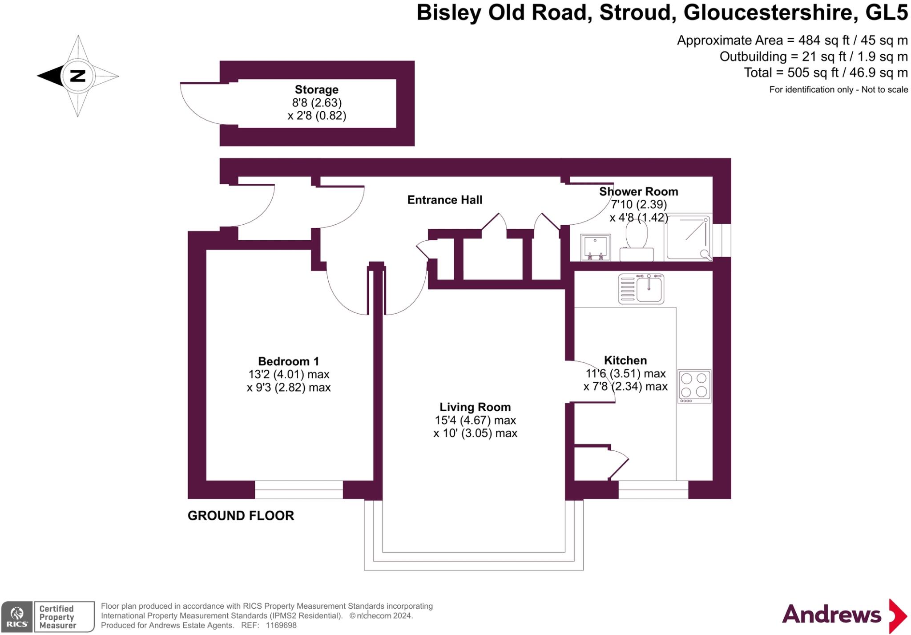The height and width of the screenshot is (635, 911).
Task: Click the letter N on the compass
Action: (x=78, y=76)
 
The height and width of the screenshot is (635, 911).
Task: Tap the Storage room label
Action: (x=316, y=90)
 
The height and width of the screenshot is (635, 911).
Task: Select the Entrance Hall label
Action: (x=444, y=200)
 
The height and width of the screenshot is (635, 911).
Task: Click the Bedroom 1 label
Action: (x=288, y=361)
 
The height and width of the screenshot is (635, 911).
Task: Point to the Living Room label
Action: (x=475, y=407)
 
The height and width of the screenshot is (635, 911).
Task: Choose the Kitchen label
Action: (x=625, y=360)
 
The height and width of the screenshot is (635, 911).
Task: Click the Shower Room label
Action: (x=638, y=192)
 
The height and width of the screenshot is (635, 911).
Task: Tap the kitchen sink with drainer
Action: (x=641, y=289)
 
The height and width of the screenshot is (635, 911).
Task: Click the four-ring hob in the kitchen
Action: (x=694, y=386)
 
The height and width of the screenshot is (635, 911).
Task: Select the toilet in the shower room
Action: (x=637, y=241)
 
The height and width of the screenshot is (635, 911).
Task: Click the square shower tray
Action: (x=688, y=237)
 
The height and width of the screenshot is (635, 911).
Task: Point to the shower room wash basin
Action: (x=595, y=247)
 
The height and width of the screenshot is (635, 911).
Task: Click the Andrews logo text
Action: (x=831, y=615)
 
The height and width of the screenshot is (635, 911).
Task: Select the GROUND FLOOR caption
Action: (x=241, y=516)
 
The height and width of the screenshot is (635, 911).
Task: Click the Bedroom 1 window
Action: (x=298, y=489)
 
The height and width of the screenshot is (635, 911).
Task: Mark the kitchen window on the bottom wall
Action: (x=653, y=489)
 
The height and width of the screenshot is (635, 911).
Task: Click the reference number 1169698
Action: (x=281, y=625)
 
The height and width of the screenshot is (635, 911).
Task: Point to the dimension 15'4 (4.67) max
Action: (x=475, y=420)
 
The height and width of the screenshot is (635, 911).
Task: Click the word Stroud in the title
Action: (x=635, y=12)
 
